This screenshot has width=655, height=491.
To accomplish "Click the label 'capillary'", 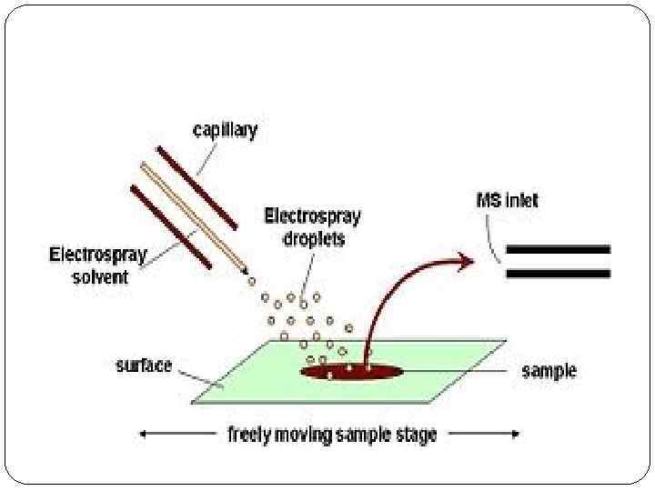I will [225, 130].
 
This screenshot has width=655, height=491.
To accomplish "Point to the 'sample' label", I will [549, 371].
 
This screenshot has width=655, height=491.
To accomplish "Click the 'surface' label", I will [144, 366].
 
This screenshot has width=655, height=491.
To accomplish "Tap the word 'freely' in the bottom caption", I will [248, 435].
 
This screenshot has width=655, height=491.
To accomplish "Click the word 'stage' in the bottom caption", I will [416, 435].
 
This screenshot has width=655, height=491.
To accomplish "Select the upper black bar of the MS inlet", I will [558, 248].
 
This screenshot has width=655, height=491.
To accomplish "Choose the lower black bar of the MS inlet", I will [558, 272].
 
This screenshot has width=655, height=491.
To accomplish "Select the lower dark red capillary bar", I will [171, 227].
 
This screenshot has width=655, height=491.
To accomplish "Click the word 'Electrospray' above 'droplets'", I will [312, 216].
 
